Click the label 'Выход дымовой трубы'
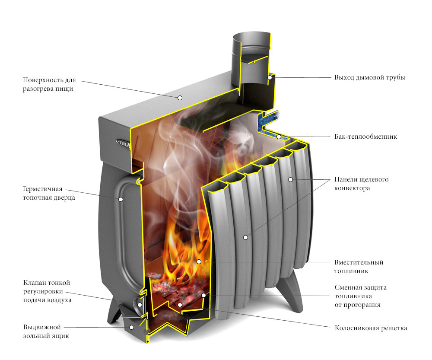coord(369,78)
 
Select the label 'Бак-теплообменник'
coord(365,137)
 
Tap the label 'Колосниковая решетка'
coord(371,328)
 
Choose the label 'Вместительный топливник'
coord(359,267)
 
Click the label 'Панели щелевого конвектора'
coord(361,184)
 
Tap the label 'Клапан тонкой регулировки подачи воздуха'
coord(48,291)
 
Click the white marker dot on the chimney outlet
coord(270,78)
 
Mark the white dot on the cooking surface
coord(179,98)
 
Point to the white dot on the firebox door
coord(121,199)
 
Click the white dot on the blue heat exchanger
coord(279,137)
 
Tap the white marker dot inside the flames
coord(199,261)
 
